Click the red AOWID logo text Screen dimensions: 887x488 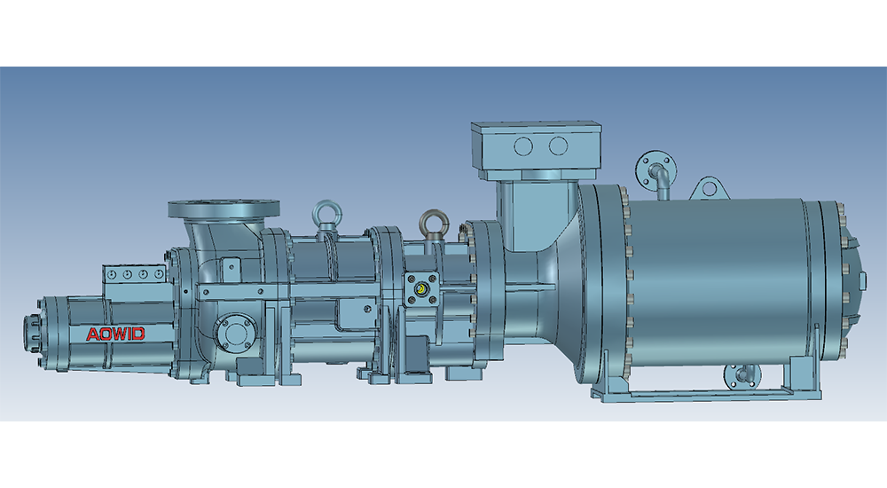(115, 334)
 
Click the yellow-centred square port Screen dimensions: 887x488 (420, 290)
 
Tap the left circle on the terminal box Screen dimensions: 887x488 (523, 146)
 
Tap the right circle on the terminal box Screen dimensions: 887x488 (558, 146)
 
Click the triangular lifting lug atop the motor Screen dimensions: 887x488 (709, 188)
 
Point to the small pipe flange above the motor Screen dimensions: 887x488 (655, 169)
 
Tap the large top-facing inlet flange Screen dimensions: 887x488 (224, 209)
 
